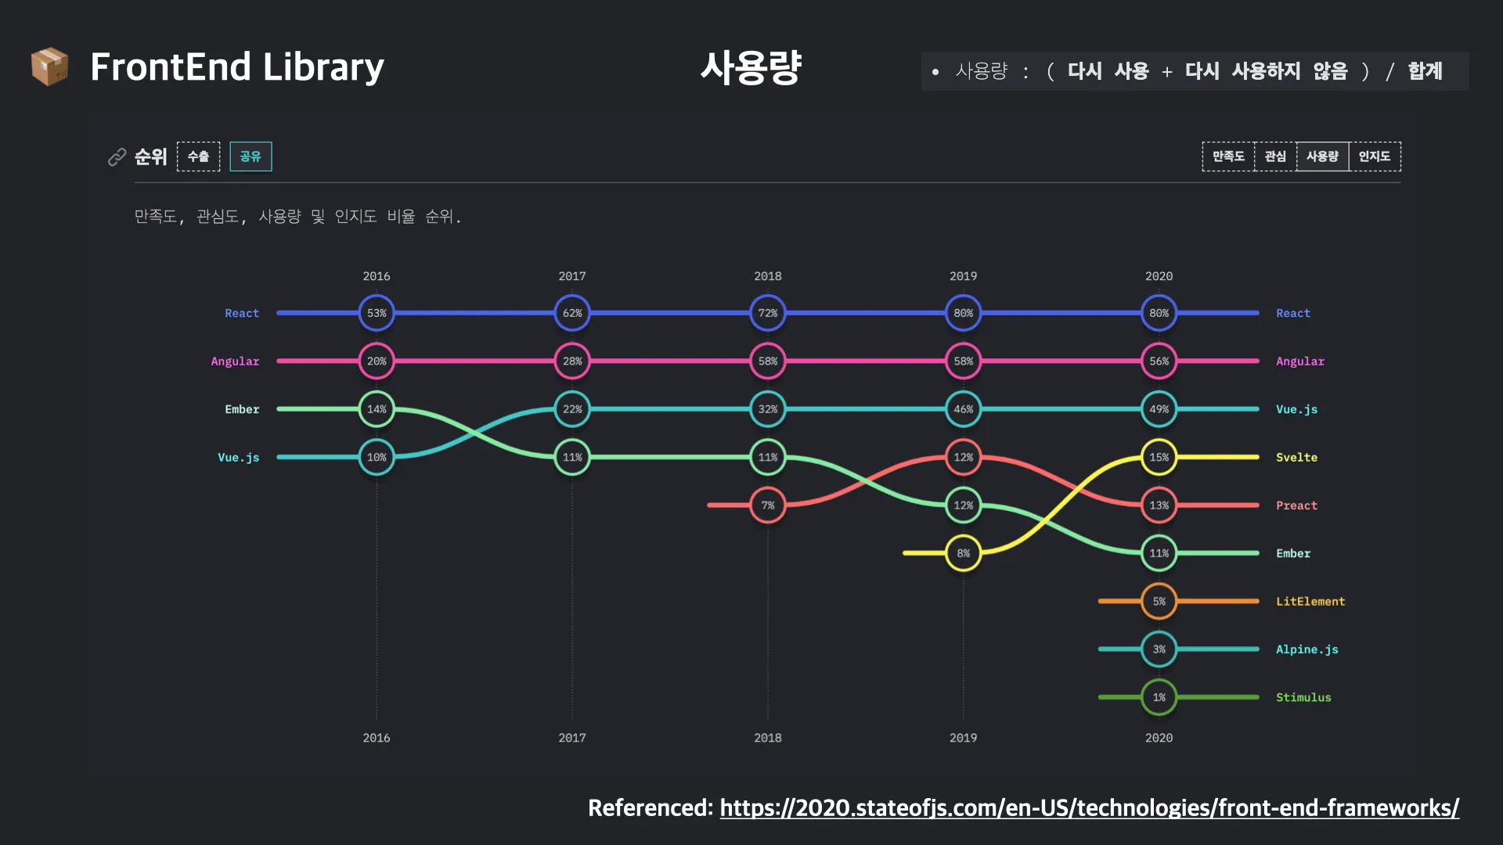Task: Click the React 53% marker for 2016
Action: tap(377, 313)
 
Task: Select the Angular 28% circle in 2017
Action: tap(572, 361)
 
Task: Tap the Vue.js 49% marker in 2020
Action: tap(1159, 409)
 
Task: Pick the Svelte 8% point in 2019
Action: tap(963, 553)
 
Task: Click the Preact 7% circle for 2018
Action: tap(768, 505)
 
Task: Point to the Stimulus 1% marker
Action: tap(1159, 697)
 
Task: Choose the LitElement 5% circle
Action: tap(1159, 601)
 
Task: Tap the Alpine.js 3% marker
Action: tap(1159, 649)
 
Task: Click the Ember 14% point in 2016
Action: tap(377, 409)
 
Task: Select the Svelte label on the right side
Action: tap(1296, 458)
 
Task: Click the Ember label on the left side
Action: tap(242, 409)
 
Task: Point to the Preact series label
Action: tap(1296, 505)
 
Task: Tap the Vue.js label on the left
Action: tap(238, 458)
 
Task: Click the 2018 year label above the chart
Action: tap(768, 276)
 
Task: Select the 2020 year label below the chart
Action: tap(1159, 738)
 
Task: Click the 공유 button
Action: tap(250, 156)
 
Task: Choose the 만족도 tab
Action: tap(1228, 156)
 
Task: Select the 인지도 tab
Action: tap(1375, 156)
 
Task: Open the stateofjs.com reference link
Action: tap(1089, 807)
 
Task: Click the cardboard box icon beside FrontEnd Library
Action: tap(49, 67)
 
